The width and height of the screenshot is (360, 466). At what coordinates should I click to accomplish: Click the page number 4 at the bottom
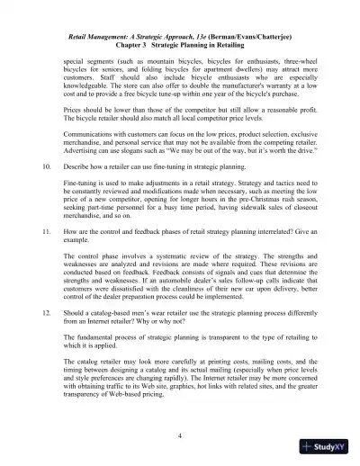click(180, 435)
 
